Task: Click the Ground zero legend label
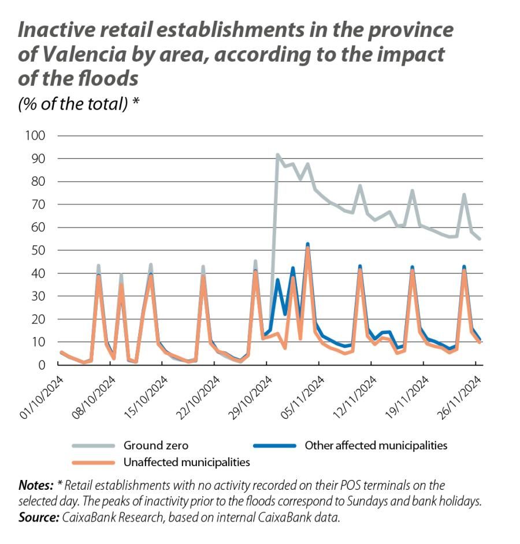pos(155,445)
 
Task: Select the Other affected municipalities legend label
pos(376,445)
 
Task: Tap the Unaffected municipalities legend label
pos(187,462)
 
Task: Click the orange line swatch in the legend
pos(93,462)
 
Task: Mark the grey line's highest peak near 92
pos(278,155)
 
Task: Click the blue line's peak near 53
pos(308,244)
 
